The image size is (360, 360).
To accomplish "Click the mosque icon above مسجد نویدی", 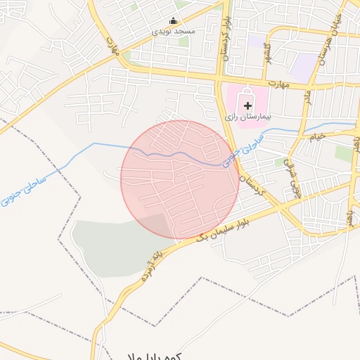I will [174, 20].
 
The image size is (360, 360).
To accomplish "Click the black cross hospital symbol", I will [247, 105].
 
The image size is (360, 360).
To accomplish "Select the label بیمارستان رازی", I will [247, 117].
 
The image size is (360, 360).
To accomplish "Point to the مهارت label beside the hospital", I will [281, 84].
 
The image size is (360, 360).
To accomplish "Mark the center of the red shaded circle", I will [180, 179].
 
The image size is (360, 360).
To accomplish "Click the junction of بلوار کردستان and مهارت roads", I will [226, 77].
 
